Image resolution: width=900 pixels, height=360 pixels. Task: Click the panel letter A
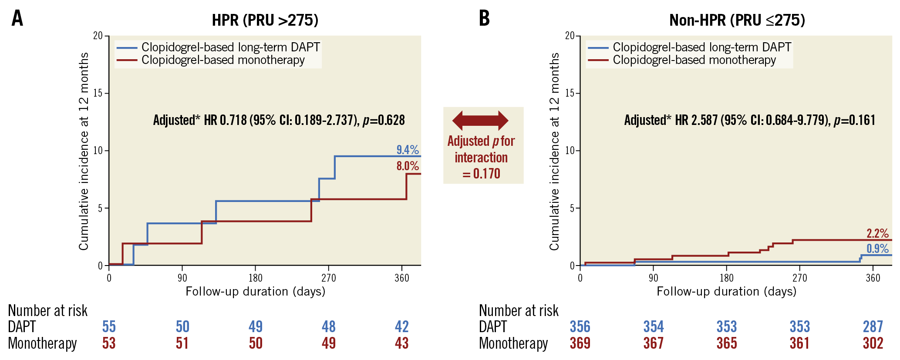click(17, 19)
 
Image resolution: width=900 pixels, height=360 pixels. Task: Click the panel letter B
click(484, 19)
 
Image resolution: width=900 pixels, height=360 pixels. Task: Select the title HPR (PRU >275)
click(265, 20)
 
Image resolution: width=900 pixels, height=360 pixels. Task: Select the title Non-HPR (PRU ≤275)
click(737, 20)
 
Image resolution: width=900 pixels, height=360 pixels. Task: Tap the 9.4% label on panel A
click(408, 150)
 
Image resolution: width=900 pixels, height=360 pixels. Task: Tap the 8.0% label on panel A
click(408, 166)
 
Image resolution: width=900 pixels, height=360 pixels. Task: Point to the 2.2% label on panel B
click(877, 233)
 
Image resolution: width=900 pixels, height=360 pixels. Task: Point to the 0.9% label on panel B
click(877, 249)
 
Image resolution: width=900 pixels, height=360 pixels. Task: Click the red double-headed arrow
click(480, 120)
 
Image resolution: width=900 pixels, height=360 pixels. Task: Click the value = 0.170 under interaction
click(481, 174)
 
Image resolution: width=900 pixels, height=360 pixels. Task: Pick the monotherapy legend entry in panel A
click(222, 60)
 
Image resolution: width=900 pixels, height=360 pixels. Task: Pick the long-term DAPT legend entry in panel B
click(701, 47)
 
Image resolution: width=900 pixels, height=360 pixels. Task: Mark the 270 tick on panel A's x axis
click(329, 278)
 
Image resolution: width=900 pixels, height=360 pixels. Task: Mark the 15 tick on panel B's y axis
click(570, 93)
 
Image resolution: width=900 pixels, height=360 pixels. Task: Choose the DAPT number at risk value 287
click(873, 326)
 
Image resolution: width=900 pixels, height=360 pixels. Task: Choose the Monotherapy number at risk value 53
click(109, 343)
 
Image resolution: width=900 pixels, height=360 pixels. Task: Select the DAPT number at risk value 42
click(401, 326)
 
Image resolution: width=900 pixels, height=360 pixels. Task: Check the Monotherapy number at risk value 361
click(799, 343)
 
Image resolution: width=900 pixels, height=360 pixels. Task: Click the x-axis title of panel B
click(726, 291)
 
